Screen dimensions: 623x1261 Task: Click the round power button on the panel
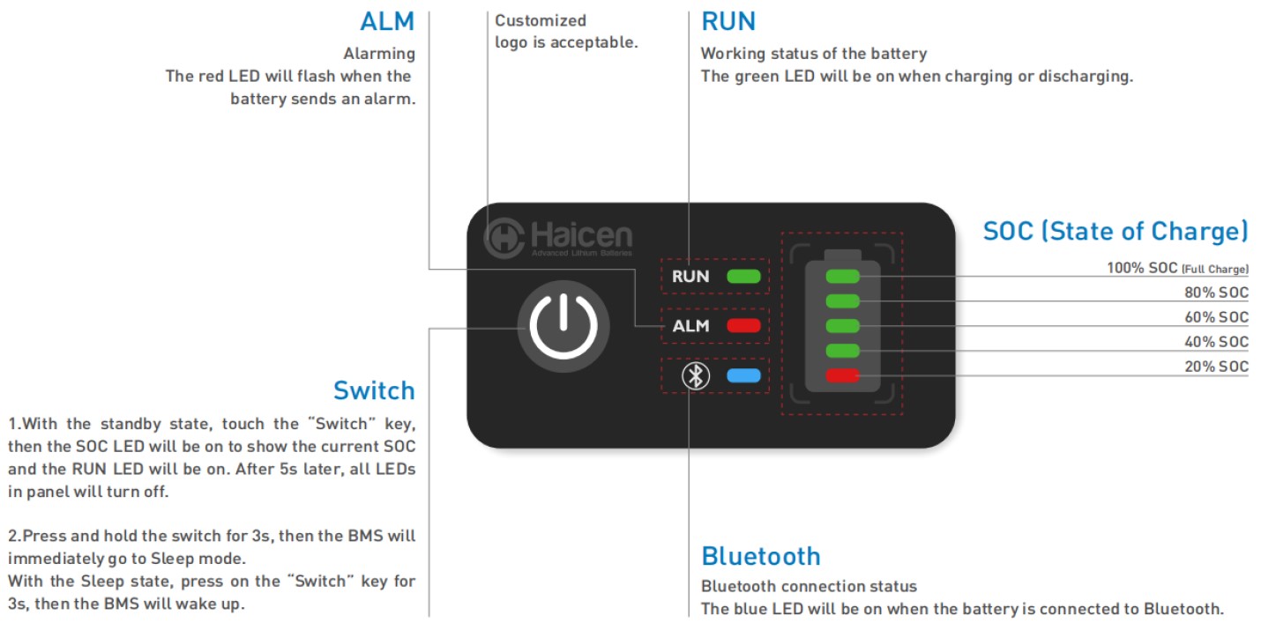click(x=563, y=325)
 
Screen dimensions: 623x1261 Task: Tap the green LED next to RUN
click(x=743, y=276)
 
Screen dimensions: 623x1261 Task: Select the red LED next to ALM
click(x=743, y=326)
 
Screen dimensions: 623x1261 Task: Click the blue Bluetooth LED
click(x=743, y=376)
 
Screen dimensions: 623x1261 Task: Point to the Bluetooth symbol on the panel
click(x=696, y=376)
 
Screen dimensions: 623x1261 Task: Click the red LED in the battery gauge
click(x=843, y=376)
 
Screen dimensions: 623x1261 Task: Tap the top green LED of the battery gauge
click(x=843, y=277)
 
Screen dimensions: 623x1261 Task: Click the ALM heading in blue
click(x=387, y=21)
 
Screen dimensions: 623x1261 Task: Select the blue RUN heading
click(x=728, y=21)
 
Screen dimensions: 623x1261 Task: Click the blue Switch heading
click(x=374, y=390)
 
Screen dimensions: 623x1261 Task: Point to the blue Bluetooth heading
click(x=761, y=556)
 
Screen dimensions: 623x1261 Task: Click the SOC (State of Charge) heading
click(x=1115, y=231)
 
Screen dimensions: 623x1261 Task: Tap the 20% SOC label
click(x=1216, y=367)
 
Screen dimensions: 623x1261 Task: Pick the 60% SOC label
click(x=1216, y=317)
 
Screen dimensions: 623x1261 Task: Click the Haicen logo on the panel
click(x=558, y=238)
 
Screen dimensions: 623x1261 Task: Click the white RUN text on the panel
click(x=690, y=276)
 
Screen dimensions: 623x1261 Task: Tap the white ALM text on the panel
click(x=690, y=326)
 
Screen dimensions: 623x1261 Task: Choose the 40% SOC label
click(x=1216, y=342)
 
